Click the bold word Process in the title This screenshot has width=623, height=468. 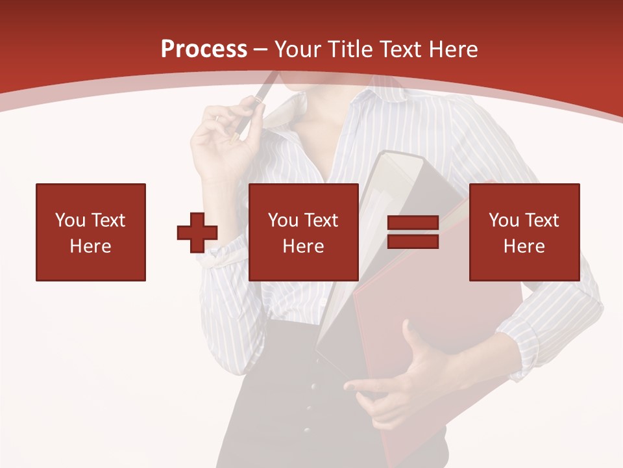204,49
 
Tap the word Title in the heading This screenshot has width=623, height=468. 349,49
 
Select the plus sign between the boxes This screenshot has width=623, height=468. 197,233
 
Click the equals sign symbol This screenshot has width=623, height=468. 413,232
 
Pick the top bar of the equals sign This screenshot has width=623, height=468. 413,223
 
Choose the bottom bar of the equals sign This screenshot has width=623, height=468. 413,241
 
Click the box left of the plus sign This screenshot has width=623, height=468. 91,232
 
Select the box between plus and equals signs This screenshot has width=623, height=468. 304,232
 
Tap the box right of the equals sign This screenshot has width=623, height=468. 524,232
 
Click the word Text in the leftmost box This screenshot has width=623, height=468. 108,220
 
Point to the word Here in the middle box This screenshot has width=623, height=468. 304,246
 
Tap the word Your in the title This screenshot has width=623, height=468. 298,49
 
